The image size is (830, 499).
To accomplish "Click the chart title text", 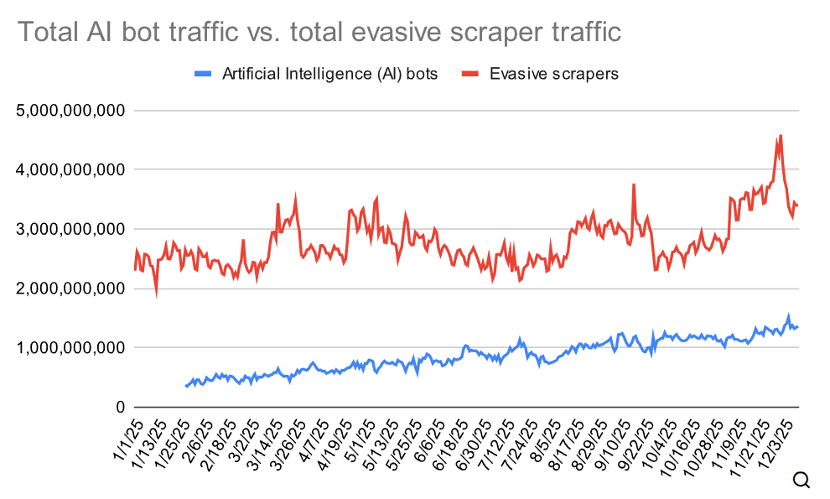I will pyautogui.click(x=319, y=33).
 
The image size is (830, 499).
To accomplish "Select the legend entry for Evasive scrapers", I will pyautogui.click(x=554, y=74).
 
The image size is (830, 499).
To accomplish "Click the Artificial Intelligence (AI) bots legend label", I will pyautogui.click(x=329, y=74).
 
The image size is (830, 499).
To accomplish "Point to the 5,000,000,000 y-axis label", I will pyautogui.click(x=71, y=111).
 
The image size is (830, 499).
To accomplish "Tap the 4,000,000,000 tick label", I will pyautogui.click(x=71, y=169).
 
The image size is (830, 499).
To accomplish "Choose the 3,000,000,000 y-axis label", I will pyautogui.click(x=71, y=229).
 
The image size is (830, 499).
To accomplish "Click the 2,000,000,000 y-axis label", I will pyautogui.click(x=71, y=288).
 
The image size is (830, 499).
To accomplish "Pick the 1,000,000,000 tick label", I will pyautogui.click(x=71, y=348).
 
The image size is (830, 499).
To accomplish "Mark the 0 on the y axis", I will pyautogui.click(x=121, y=408).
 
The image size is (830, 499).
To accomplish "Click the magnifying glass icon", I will pyautogui.click(x=801, y=480).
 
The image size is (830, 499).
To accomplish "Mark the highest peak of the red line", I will pyautogui.click(x=780, y=136).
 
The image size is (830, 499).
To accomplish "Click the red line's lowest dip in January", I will pyautogui.click(x=157, y=294).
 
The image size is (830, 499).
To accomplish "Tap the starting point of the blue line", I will pyautogui.click(x=186, y=387).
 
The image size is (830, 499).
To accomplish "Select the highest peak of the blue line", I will pyautogui.click(x=788, y=316).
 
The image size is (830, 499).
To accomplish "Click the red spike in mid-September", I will pyautogui.click(x=634, y=185).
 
